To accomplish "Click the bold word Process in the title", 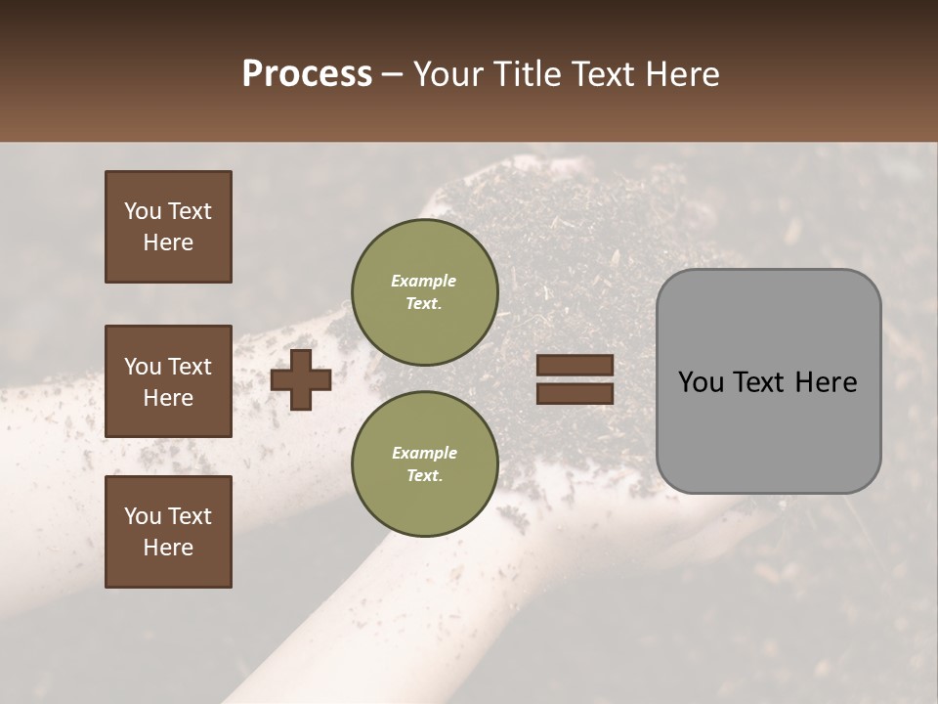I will click(x=307, y=74).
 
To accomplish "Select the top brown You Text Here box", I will click(x=168, y=227).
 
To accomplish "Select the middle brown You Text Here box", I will click(x=168, y=381).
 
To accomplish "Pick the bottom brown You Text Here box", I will click(x=168, y=532).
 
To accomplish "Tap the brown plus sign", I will click(x=300, y=379).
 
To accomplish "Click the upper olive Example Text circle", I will click(x=424, y=292).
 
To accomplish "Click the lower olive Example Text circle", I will click(x=424, y=464).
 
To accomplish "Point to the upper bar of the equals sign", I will click(x=575, y=366).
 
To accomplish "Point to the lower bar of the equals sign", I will click(x=575, y=393).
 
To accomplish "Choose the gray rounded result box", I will click(x=768, y=381).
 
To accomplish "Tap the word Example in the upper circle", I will click(x=424, y=281).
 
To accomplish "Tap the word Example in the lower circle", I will click(x=424, y=453).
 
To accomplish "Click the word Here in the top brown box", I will click(x=168, y=242).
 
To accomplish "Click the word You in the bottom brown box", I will click(x=143, y=516).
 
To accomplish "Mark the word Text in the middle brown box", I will click(x=189, y=367).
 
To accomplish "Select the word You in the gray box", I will click(x=701, y=382).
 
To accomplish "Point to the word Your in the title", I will click(x=450, y=74).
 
